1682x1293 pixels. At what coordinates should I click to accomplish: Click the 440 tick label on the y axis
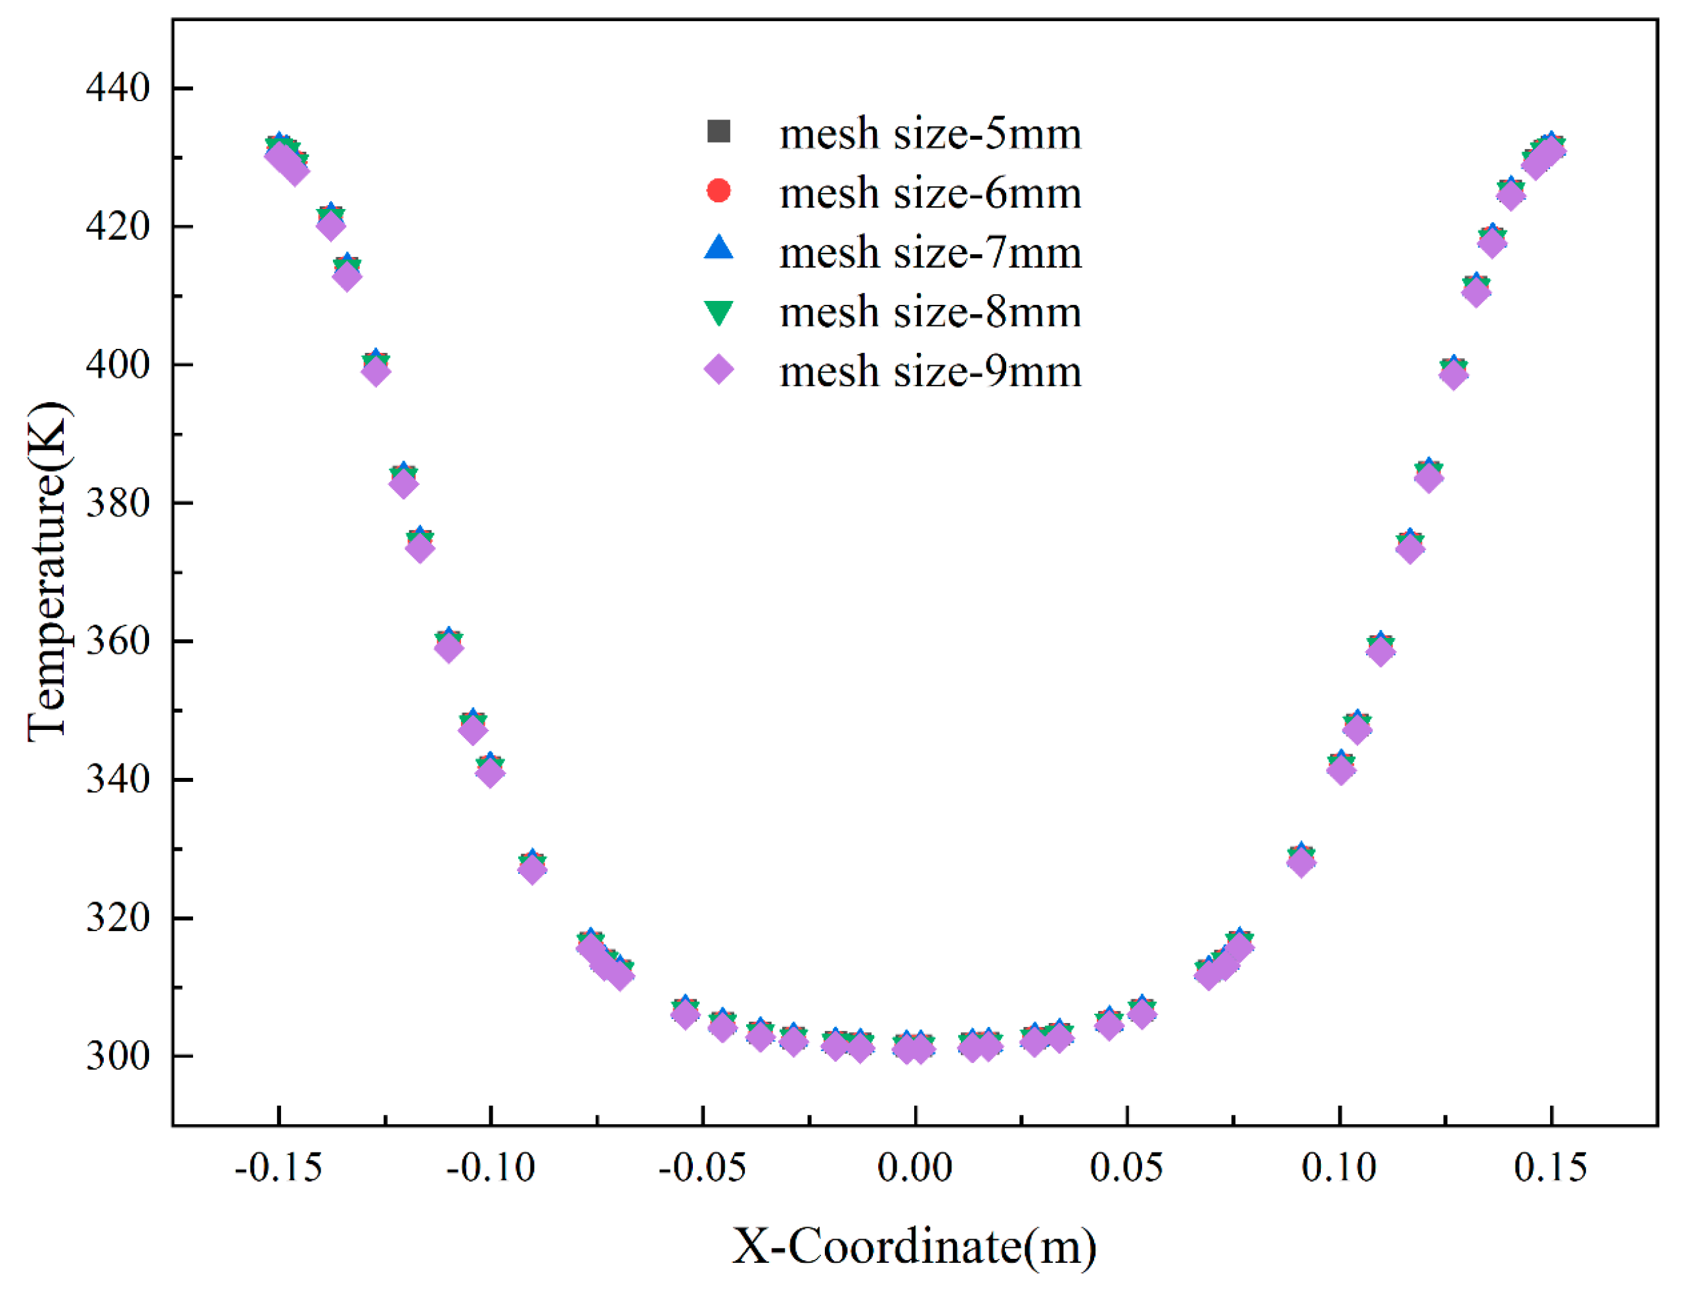pyautogui.click(x=117, y=89)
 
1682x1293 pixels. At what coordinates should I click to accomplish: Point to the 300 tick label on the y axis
pyautogui.click(x=117, y=1055)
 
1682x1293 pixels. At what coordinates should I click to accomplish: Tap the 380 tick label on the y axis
pyautogui.click(x=117, y=503)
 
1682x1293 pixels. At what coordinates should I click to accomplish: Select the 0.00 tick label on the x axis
pyautogui.click(x=915, y=1169)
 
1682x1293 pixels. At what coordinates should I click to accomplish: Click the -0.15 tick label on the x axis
pyautogui.click(x=278, y=1169)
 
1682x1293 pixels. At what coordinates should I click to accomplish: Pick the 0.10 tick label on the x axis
pyautogui.click(x=1339, y=1169)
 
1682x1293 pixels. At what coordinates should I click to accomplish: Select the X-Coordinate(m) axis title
pyautogui.click(x=914, y=1247)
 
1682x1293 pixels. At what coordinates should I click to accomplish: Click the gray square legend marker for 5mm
pyautogui.click(x=719, y=131)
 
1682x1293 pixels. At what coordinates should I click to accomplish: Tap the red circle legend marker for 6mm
pyautogui.click(x=719, y=190)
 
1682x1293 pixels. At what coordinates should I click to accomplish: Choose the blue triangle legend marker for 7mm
pyautogui.click(x=719, y=248)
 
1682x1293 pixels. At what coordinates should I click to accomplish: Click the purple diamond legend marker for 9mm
pyautogui.click(x=719, y=370)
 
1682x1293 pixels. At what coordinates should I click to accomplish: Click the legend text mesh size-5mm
pyautogui.click(x=930, y=134)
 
